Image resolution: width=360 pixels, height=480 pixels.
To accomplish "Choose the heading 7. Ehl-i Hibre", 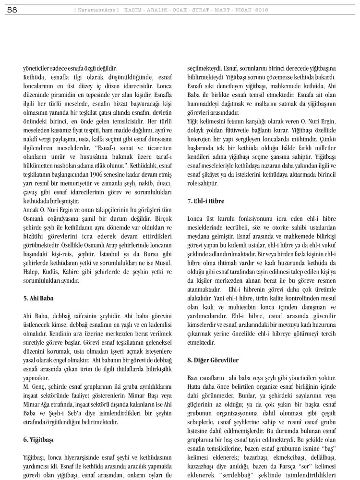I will tap(205, 201).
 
